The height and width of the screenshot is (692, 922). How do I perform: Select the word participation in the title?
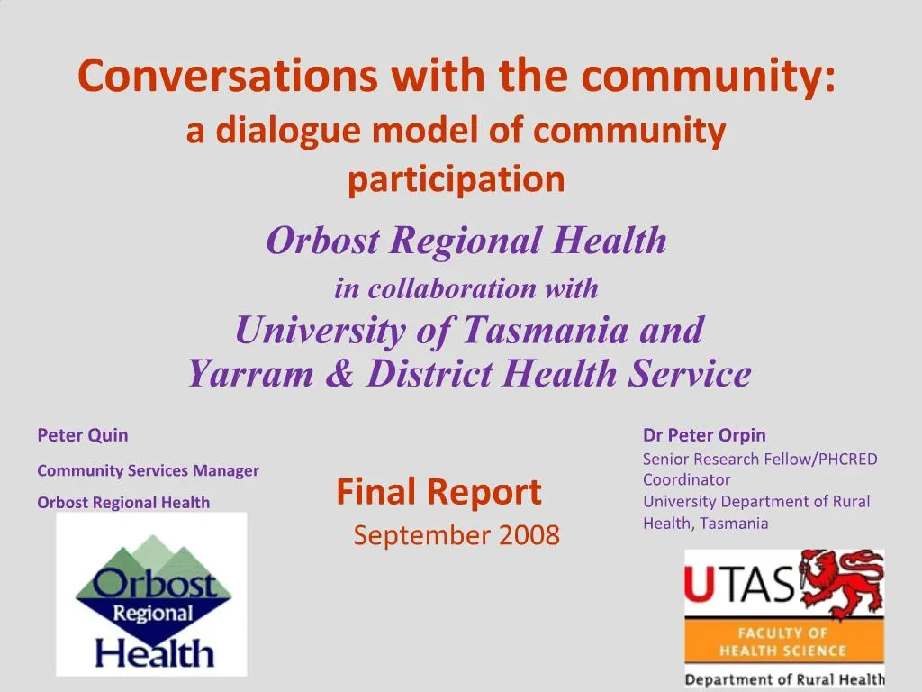pos(456,179)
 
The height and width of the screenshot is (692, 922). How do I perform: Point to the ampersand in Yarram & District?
pos(339,373)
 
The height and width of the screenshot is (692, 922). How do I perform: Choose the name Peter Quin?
pos(83,435)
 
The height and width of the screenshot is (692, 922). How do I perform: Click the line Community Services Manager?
pos(148,470)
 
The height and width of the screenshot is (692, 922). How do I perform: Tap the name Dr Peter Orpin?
pos(704,435)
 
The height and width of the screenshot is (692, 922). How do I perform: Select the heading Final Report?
pos(438,492)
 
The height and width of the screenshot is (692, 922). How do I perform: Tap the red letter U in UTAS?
pos(697,586)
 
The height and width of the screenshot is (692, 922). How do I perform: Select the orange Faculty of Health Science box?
pos(782,642)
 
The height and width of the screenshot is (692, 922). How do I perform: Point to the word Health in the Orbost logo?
pos(154,651)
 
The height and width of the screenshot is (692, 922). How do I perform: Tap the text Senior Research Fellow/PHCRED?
pos(760,459)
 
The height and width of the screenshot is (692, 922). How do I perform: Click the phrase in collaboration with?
pos(466,289)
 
